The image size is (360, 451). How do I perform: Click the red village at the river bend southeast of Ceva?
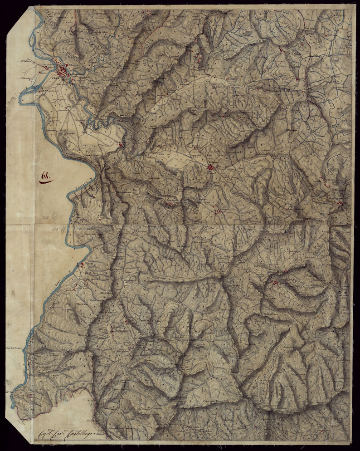pyautogui.click(x=122, y=145)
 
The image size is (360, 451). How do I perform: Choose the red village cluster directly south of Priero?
pyautogui.click(x=170, y=204)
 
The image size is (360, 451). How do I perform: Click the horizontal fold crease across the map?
pyautogui.click(x=181, y=224)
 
